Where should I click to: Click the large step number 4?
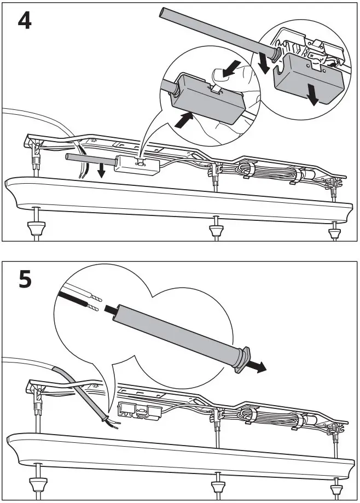point(25,21)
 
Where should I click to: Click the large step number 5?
point(25,280)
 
